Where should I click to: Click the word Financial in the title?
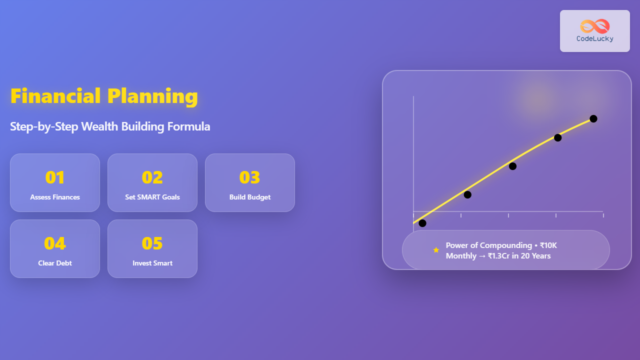click(x=55, y=95)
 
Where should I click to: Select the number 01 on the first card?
click(x=55, y=177)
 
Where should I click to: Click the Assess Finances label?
click(x=55, y=197)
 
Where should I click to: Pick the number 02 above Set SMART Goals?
click(x=152, y=177)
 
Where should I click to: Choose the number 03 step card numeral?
click(x=249, y=177)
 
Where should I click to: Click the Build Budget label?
click(x=250, y=197)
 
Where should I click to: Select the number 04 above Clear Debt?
click(x=55, y=243)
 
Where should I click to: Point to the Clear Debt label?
click(x=55, y=263)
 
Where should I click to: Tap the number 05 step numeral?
click(x=152, y=243)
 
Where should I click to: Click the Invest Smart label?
click(x=152, y=263)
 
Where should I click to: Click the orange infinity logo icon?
click(x=595, y=26)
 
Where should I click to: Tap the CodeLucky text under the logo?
click(x=595, y=39)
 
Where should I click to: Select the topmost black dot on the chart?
click(x=593, y=118)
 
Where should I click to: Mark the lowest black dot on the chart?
click(x=422, y=223)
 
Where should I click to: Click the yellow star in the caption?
click(x=436, y=250)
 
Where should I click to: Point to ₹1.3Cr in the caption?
click(x=498, y=255)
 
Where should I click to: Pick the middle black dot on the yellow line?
click(x=512, y=166)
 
